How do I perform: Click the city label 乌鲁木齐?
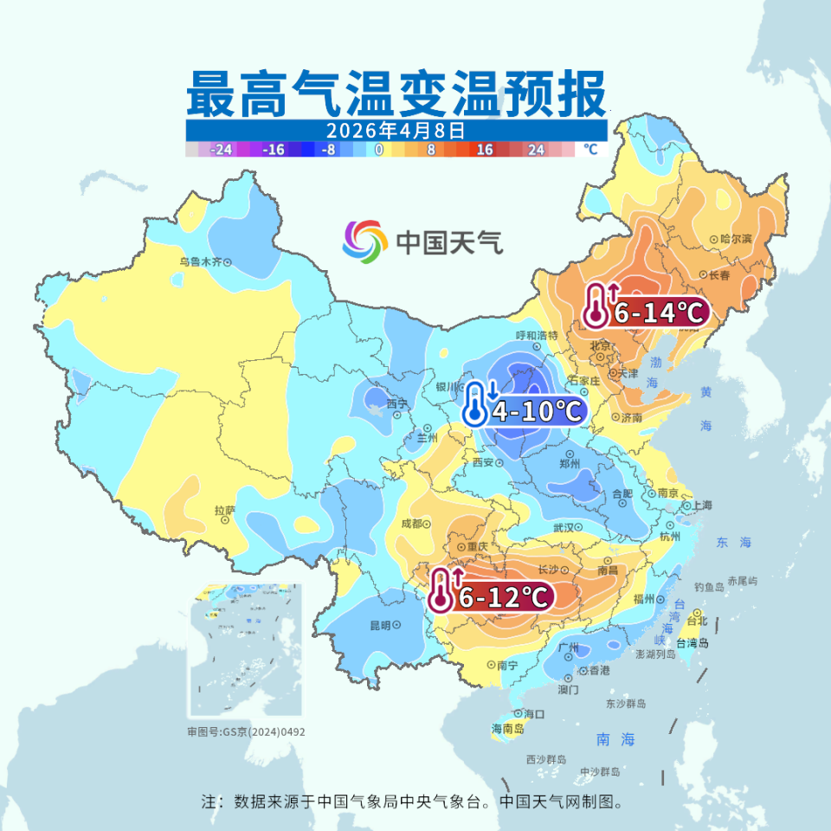click(201, 261)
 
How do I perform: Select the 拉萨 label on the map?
click(224, 511)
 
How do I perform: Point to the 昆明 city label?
click(380, 625)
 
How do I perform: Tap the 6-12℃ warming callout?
click(491, 595)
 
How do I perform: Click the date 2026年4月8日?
click(396, 131)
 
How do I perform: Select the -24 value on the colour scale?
click(222, 150)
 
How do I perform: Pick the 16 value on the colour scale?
click(485, 150)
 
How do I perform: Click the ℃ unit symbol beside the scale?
click(590, 149)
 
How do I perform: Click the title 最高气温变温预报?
click(396, 94)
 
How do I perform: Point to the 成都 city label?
click(411, 524)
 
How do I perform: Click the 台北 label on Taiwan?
click(697, 621)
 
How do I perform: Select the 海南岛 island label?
click(508, 729)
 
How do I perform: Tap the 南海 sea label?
click(615, 739)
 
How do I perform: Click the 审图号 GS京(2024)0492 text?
click(247, 732)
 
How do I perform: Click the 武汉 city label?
click(563, 527)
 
